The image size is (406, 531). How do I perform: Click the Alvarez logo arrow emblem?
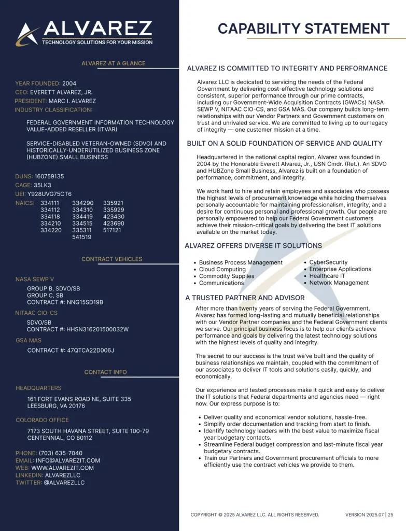[27, 35]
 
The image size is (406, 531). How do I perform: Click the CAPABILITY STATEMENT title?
[303, 29]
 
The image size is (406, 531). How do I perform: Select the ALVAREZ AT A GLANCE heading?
[113, 63]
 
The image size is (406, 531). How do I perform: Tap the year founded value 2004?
[69, 83]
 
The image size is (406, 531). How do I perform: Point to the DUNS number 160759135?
[49, 176]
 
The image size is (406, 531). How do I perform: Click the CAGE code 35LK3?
[43, 185]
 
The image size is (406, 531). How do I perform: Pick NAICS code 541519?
[82, 237]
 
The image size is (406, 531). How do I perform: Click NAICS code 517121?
[112, 230]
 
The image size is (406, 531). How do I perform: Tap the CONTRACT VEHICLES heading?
[111, 259]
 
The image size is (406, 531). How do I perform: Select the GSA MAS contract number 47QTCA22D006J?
[90, 350]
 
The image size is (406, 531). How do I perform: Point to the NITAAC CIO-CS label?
[36, 313]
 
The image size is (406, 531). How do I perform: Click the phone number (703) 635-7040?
[61, 453]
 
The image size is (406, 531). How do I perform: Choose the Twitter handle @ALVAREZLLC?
[64, 482]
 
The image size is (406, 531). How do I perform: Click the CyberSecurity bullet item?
[328, 262]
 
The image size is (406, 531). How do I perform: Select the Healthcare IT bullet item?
[327, 276]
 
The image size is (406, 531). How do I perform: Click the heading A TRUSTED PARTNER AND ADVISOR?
[245, 298]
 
